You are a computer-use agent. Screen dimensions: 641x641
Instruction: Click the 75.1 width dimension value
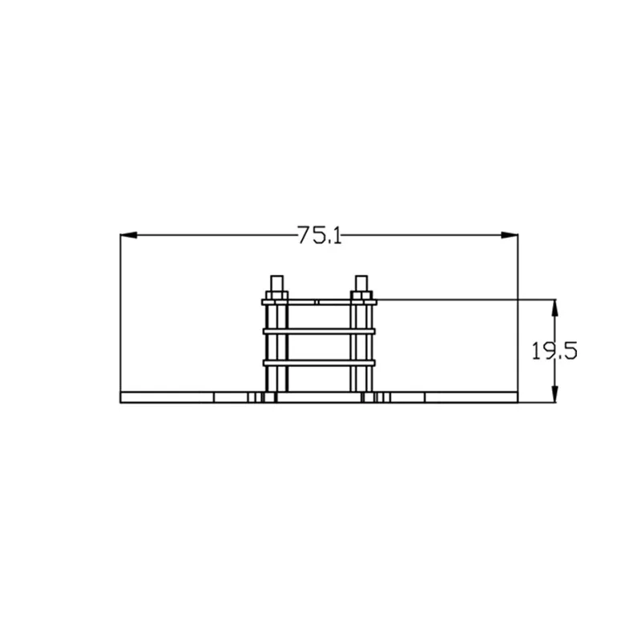[x=319, y=235]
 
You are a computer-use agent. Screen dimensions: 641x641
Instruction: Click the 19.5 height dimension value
[x=554, y=351]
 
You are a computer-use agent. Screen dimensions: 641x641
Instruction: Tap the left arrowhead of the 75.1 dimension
[x=129, y=235]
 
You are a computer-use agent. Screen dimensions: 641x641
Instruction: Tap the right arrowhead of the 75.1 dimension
[x=510, y=235]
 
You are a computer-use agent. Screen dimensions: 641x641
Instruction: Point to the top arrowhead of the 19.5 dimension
[x=554, y=307]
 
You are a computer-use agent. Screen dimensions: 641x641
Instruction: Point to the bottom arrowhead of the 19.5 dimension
[x=554, y=394]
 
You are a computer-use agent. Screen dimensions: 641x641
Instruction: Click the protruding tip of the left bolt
[x=276, y=283]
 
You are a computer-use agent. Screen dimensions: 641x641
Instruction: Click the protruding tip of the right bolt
[x=361, y=283]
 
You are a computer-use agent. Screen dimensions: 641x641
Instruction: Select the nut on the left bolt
[x=276, y=295]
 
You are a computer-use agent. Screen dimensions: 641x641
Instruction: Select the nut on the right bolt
[x=361, y=295]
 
